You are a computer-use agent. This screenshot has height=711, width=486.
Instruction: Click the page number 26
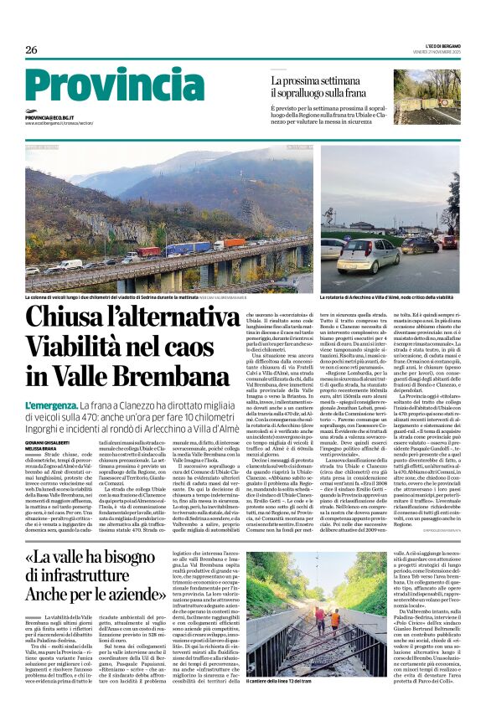tap(31, 49)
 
